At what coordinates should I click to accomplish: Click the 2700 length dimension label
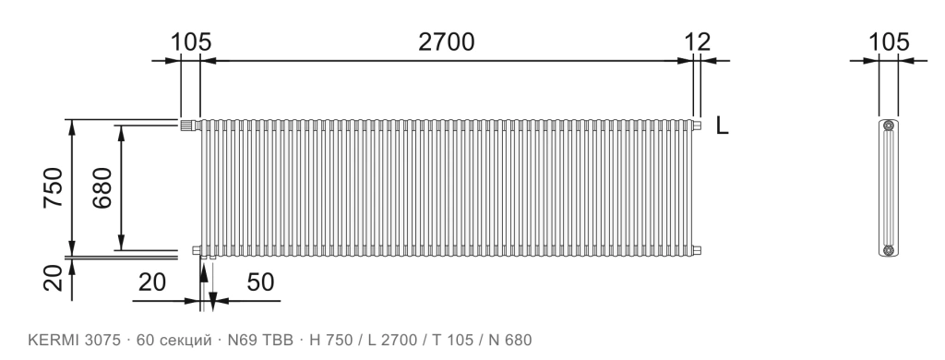click(x=447, y=42)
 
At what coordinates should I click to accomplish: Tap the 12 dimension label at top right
click(x=698, y=42)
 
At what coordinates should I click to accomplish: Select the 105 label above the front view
click(x=191, y=42)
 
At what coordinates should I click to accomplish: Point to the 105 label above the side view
click(x=889, y=42)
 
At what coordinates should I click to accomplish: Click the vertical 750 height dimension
click(x=53, y=187)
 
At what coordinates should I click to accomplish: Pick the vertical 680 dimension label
click(x=102, y=187)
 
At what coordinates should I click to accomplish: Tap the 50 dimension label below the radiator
click(x=260, y=282)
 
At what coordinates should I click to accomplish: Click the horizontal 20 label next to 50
click(x=152, y=282)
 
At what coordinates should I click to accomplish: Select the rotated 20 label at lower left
click(x=53, y=278)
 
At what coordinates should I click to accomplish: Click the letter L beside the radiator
click(x=722, y=126)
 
